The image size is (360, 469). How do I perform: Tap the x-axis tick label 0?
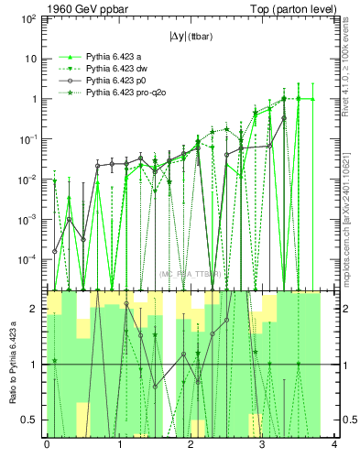(47, 444)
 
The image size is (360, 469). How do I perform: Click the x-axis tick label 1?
(119, 444)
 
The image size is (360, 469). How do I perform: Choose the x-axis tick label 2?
(191, 444)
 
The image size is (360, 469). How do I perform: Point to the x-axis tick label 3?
(263, 444)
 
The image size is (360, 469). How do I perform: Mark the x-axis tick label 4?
(334, 444)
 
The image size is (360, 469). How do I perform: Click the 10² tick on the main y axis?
(27, 18)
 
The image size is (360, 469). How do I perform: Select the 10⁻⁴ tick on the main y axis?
(27, 260)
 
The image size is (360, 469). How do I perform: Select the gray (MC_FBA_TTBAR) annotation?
(191, 274)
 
